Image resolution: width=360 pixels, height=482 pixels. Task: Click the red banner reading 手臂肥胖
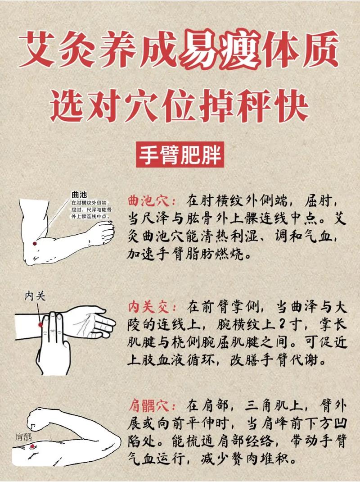tap(180, 155)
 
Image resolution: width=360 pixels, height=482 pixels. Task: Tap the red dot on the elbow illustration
tap(34, 244)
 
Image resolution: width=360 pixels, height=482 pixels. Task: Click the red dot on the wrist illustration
tap(40, 324)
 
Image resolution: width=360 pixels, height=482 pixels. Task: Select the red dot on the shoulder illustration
tap(32, 446)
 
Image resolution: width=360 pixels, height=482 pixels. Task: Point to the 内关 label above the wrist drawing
tap(35, 296)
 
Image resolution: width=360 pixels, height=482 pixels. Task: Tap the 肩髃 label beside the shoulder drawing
tap(23, 436)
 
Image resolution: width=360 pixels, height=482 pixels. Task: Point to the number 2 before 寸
tap(271, 326)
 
